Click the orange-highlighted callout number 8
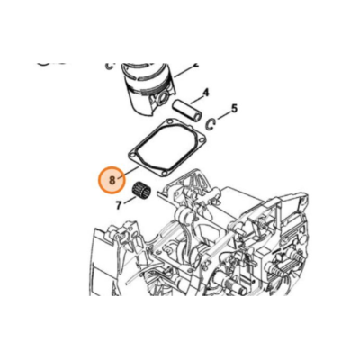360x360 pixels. (112, 180)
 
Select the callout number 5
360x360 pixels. (234, 109)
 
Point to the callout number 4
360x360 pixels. (206, 93)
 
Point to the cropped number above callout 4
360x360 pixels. (196, 59)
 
